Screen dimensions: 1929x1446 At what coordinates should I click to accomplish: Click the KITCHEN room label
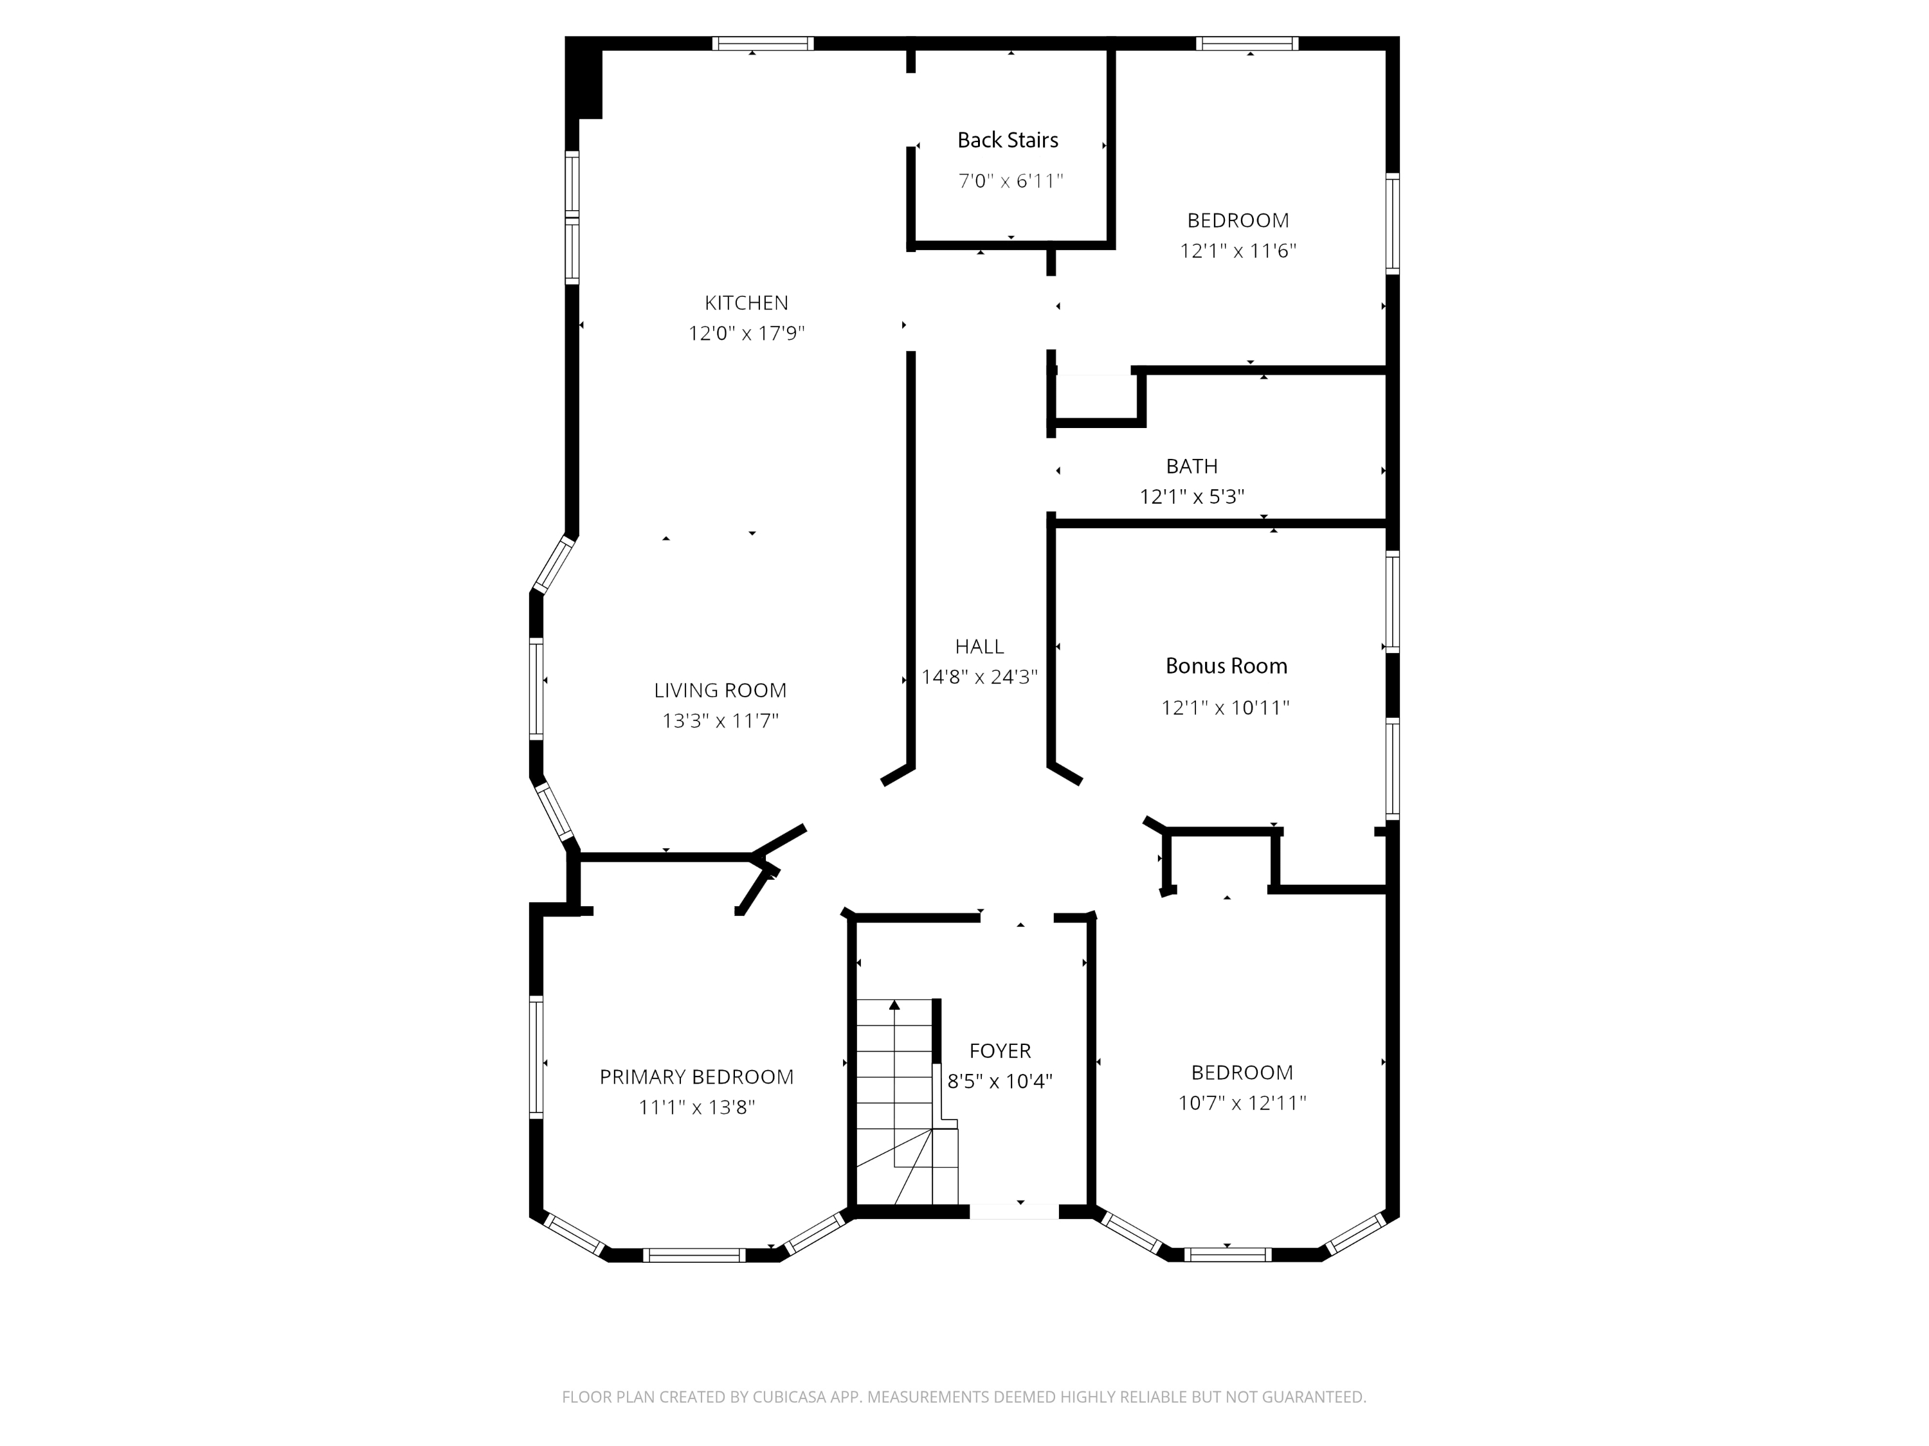(x=747, y=303)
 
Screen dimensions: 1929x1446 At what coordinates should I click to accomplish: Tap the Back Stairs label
(x=1008, y=140)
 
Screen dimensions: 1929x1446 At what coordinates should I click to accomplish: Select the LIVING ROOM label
(x=720, y=690)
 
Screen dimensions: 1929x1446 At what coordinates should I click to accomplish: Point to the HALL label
(x=979, y=647)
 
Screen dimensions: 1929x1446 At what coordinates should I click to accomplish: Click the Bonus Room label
(x=1226, y=666)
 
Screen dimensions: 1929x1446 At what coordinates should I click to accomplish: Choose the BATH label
(x=1192, y=467)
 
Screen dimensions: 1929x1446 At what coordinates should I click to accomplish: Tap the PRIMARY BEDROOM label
(x=697, y=1077)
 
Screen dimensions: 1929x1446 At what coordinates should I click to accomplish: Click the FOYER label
(x=1001, y=1051)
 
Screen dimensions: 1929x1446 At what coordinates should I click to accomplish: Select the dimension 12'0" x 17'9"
(x=747, y=333)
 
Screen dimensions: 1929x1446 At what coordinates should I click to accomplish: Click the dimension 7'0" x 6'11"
(x=1011, y=181)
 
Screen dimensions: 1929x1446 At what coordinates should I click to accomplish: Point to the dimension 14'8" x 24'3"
(x=979, y=677)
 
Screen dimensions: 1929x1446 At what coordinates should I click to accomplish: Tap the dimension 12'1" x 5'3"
(x=1192, y=497)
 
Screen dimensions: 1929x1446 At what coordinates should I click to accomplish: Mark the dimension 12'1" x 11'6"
(x=1238, y=251)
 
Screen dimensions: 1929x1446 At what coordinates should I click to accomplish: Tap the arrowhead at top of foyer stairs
(x=894, y=1005)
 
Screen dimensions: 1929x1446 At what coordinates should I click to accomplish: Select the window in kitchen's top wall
(x=763, y=44)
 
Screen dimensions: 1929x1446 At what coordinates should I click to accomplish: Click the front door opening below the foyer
(x=1013, y=1211)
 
